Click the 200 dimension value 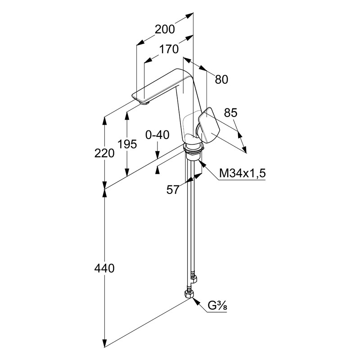164,30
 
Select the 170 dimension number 169,49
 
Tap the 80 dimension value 221,80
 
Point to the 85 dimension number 230,113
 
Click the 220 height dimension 104,153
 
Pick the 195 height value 127,144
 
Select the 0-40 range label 157,135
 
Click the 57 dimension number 173,190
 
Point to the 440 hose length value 104,269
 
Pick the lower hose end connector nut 189,295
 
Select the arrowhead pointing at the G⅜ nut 196,300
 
